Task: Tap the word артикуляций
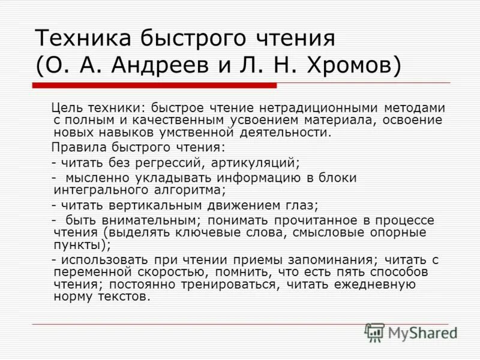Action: pyautogui.click(x=254, y=163)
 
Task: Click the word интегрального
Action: pyautogui.click(x=93, y=190)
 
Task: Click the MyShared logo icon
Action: pyautogui.click(x=374, y=332)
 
